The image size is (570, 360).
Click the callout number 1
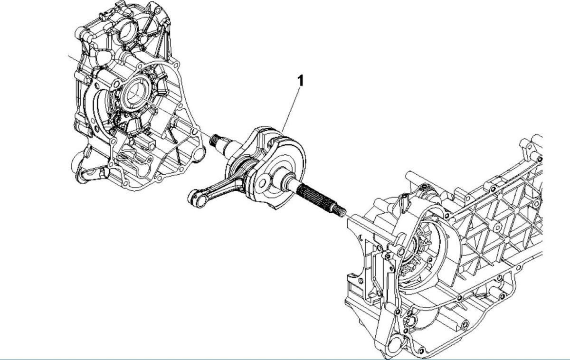tap(300, 80)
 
